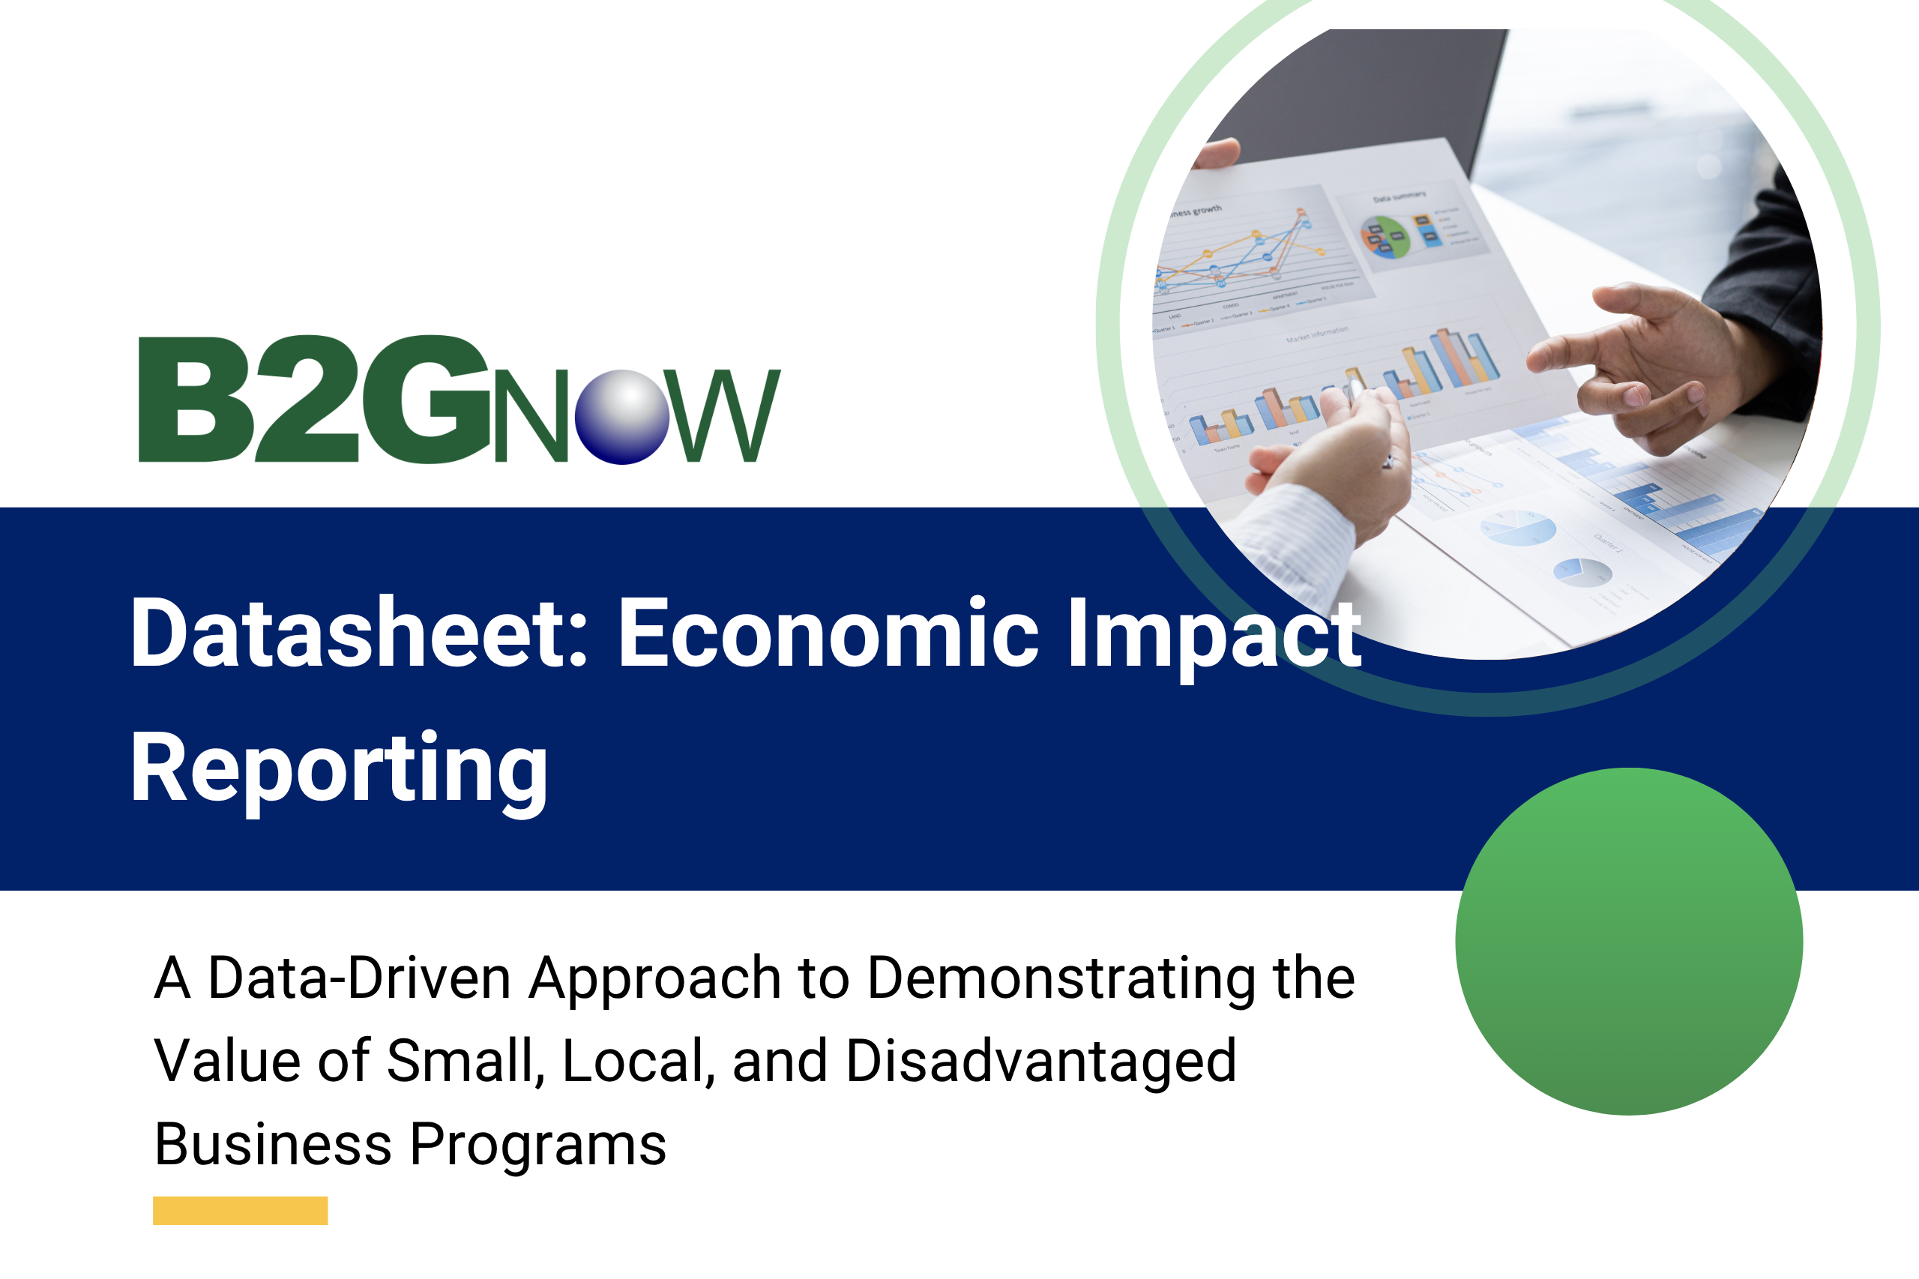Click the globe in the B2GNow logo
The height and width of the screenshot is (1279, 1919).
point(621,417)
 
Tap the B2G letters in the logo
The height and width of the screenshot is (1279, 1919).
point(314,400)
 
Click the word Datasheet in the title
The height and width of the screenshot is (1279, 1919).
point(358,634)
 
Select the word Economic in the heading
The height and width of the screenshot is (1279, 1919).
point(828,634)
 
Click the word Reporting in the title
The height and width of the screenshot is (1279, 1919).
point(339,771)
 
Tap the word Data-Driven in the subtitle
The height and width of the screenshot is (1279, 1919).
point(359,978)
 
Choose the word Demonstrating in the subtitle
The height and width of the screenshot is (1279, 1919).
point(1060,980)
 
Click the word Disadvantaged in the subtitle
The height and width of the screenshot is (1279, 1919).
point(1041,1062)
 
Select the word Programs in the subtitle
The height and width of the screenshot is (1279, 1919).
point(537,1146)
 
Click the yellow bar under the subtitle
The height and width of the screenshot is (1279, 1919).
point(240,1211)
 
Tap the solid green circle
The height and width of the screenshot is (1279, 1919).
point(1629,942)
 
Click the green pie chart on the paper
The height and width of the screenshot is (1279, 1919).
point(1384,238)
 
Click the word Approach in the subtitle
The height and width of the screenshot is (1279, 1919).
point(655,980)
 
